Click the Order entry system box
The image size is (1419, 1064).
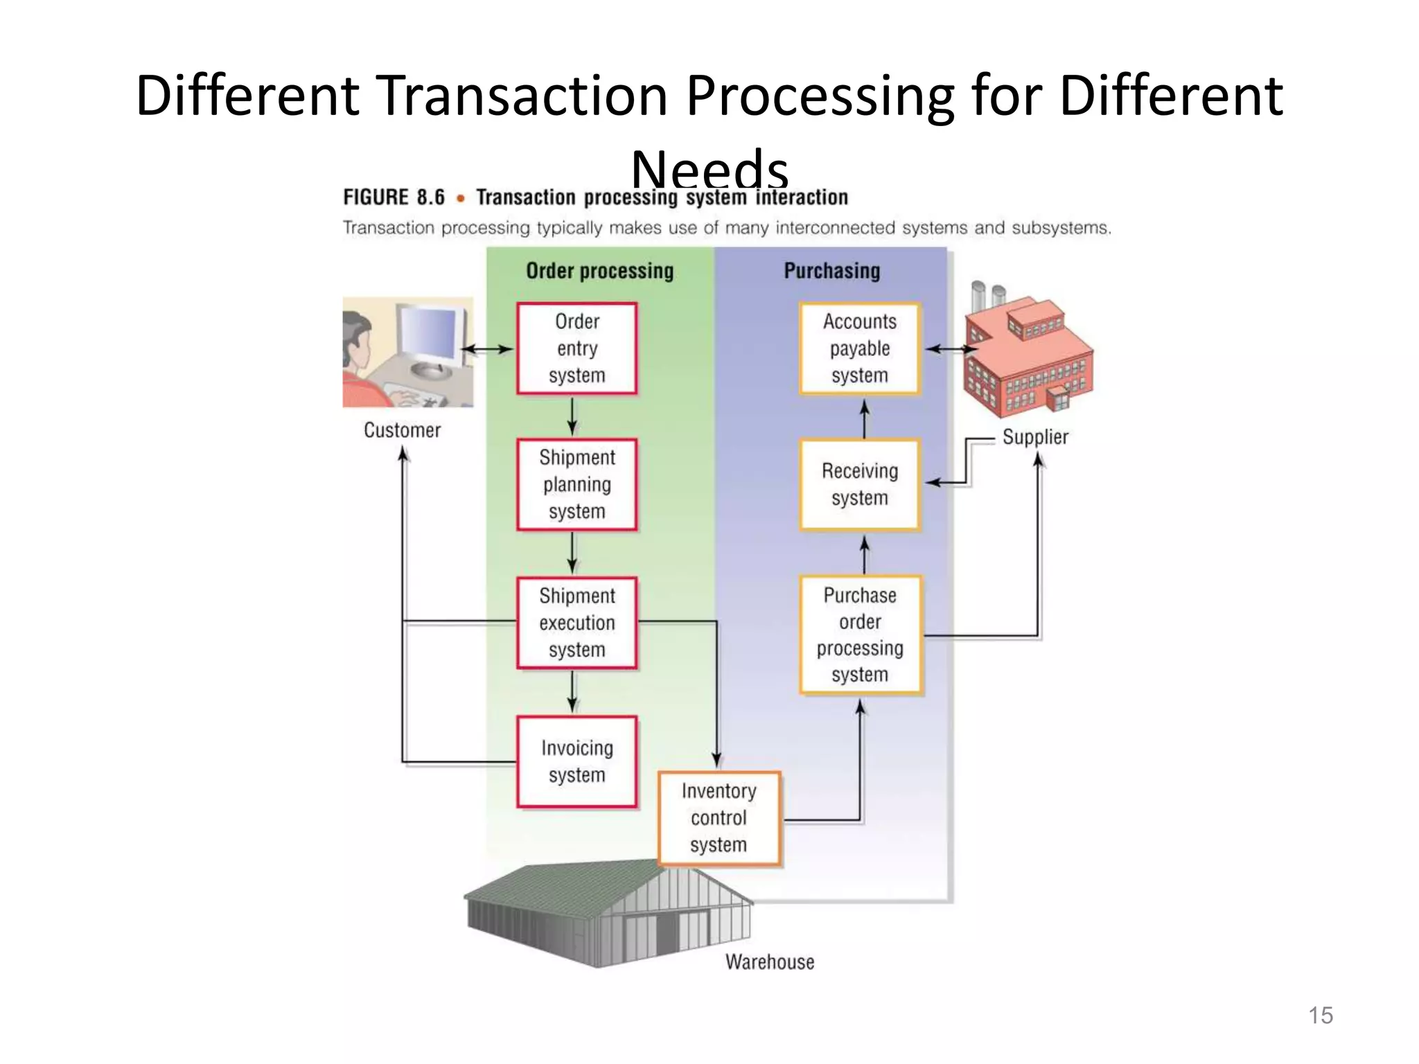click(576, 348)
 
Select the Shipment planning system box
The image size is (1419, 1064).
click(576, 484)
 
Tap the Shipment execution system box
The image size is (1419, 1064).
click(576, 623)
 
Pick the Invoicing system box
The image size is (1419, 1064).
click(576, 761)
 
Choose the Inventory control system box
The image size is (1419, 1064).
click(719, 818)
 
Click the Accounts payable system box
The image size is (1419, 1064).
click(859, 348)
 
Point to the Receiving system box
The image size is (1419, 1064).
click(859, 484)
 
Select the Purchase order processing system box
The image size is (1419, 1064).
click(860, 635)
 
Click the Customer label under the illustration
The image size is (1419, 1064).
click(402, 430)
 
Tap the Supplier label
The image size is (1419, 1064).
click(1035, 437)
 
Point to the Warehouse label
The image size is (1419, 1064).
click(770, 961)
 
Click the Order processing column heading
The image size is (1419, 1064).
click(599, 271)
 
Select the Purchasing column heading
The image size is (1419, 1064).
click(831, 271)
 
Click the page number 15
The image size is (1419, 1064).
click(1320, 1016)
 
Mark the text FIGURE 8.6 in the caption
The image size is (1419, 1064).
click(394, 197)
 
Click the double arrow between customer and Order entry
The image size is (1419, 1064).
click(487, 349)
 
